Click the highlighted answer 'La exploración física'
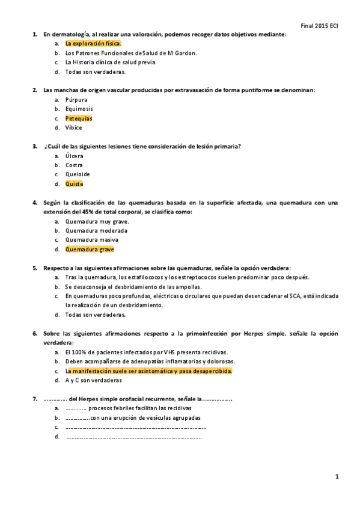point(93,43)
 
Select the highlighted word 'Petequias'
point(79,118)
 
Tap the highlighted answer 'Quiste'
point(75,183)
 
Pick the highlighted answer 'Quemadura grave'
point(90,249)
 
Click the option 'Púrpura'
point(76,100)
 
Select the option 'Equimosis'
point(79,109)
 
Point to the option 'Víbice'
point(74,127)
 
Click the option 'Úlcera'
point(75,156)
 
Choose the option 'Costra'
point(75,165)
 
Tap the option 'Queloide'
point(78,174)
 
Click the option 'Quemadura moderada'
point(96,230)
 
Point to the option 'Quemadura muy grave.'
point(97,221)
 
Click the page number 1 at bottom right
point(337,477)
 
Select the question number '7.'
point(35,399)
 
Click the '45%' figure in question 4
point(96,212)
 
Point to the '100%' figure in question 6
point(80,352)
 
